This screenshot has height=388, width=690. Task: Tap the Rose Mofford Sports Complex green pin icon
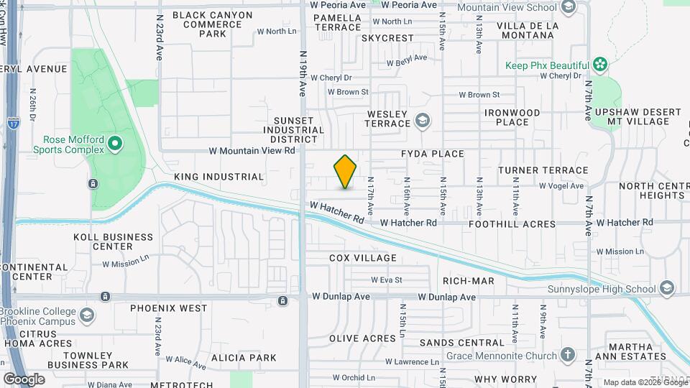114,146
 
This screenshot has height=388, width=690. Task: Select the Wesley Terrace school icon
423,119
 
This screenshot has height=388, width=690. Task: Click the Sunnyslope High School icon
668,288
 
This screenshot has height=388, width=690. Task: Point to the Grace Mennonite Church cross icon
568,356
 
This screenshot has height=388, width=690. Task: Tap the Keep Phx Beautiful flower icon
600,65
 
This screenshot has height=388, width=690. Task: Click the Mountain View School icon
569,7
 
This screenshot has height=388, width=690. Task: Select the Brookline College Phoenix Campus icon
87,315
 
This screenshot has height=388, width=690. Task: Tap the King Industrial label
219,177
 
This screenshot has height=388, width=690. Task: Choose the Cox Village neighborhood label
363,258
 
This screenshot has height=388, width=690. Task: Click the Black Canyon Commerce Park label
212,24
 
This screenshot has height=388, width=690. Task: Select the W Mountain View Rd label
252,151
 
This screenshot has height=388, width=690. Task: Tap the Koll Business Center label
113,241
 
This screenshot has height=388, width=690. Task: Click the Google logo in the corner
24,379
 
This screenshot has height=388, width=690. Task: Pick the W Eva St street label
386,280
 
